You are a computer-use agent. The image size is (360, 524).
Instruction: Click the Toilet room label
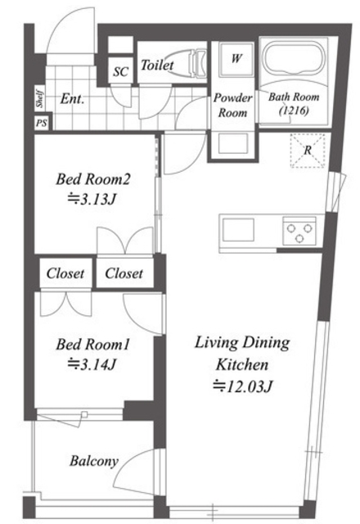coord(157,65)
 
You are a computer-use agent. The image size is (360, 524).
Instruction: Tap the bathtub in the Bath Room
coord(294,60)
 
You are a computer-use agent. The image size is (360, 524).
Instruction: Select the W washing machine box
coord(236,59)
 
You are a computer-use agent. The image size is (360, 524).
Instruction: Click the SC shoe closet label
coord(120,71)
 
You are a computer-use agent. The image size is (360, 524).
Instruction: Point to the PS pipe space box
coord(42,123)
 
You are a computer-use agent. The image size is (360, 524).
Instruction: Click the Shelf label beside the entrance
coord(40,98)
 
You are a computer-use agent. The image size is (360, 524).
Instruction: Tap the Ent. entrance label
coord(72,99)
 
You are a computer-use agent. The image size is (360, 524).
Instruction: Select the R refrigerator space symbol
coord(308,151)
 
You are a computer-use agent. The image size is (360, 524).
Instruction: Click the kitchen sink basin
coord(238,230)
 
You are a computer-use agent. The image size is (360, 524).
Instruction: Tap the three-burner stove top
coord(299,231)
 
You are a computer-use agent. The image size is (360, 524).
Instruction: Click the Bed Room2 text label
coord(92,178)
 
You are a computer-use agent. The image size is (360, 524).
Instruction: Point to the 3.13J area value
coord(92,200)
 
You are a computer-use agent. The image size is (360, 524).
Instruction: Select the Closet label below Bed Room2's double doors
coord(124,273)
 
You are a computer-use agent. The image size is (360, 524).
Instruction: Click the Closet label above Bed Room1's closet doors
coord(65,273)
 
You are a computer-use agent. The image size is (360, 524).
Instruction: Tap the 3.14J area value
coord(92,364)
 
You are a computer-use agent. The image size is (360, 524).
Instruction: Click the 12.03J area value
coord(243,386)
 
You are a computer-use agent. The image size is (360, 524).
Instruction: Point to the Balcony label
coord(94,461)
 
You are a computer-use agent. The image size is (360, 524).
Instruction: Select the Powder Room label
coord(232,106)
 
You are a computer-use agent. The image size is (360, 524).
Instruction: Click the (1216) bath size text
coord(294,111)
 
